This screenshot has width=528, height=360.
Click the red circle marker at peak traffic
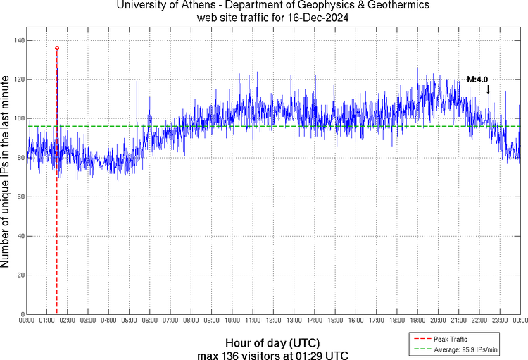pyautogui.click(x=57, y=48)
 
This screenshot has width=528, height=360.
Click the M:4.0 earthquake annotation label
pyautogui.click(x=478, y=80)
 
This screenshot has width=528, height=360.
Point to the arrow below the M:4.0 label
pyautogui.click(x=488, y=89)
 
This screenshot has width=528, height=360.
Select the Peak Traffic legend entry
pyautogui.click(x=451, y=339)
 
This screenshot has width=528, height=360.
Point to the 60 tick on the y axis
pyautogui.click(x=19, y=197)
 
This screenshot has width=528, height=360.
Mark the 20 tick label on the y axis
pyautogui.click(x=19, y=275)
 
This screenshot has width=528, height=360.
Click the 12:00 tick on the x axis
pyautogui.click(x=273, y=321)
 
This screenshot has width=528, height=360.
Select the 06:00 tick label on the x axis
pyautogui.click(x=150, y=321)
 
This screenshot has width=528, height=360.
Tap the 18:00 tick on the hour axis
pyautogui.click(x=397, y=321)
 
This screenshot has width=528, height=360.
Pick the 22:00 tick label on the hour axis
pyautogui.click(x=479, y=321)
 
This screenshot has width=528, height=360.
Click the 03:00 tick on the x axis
pyautogui.click(x=88, y=321)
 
